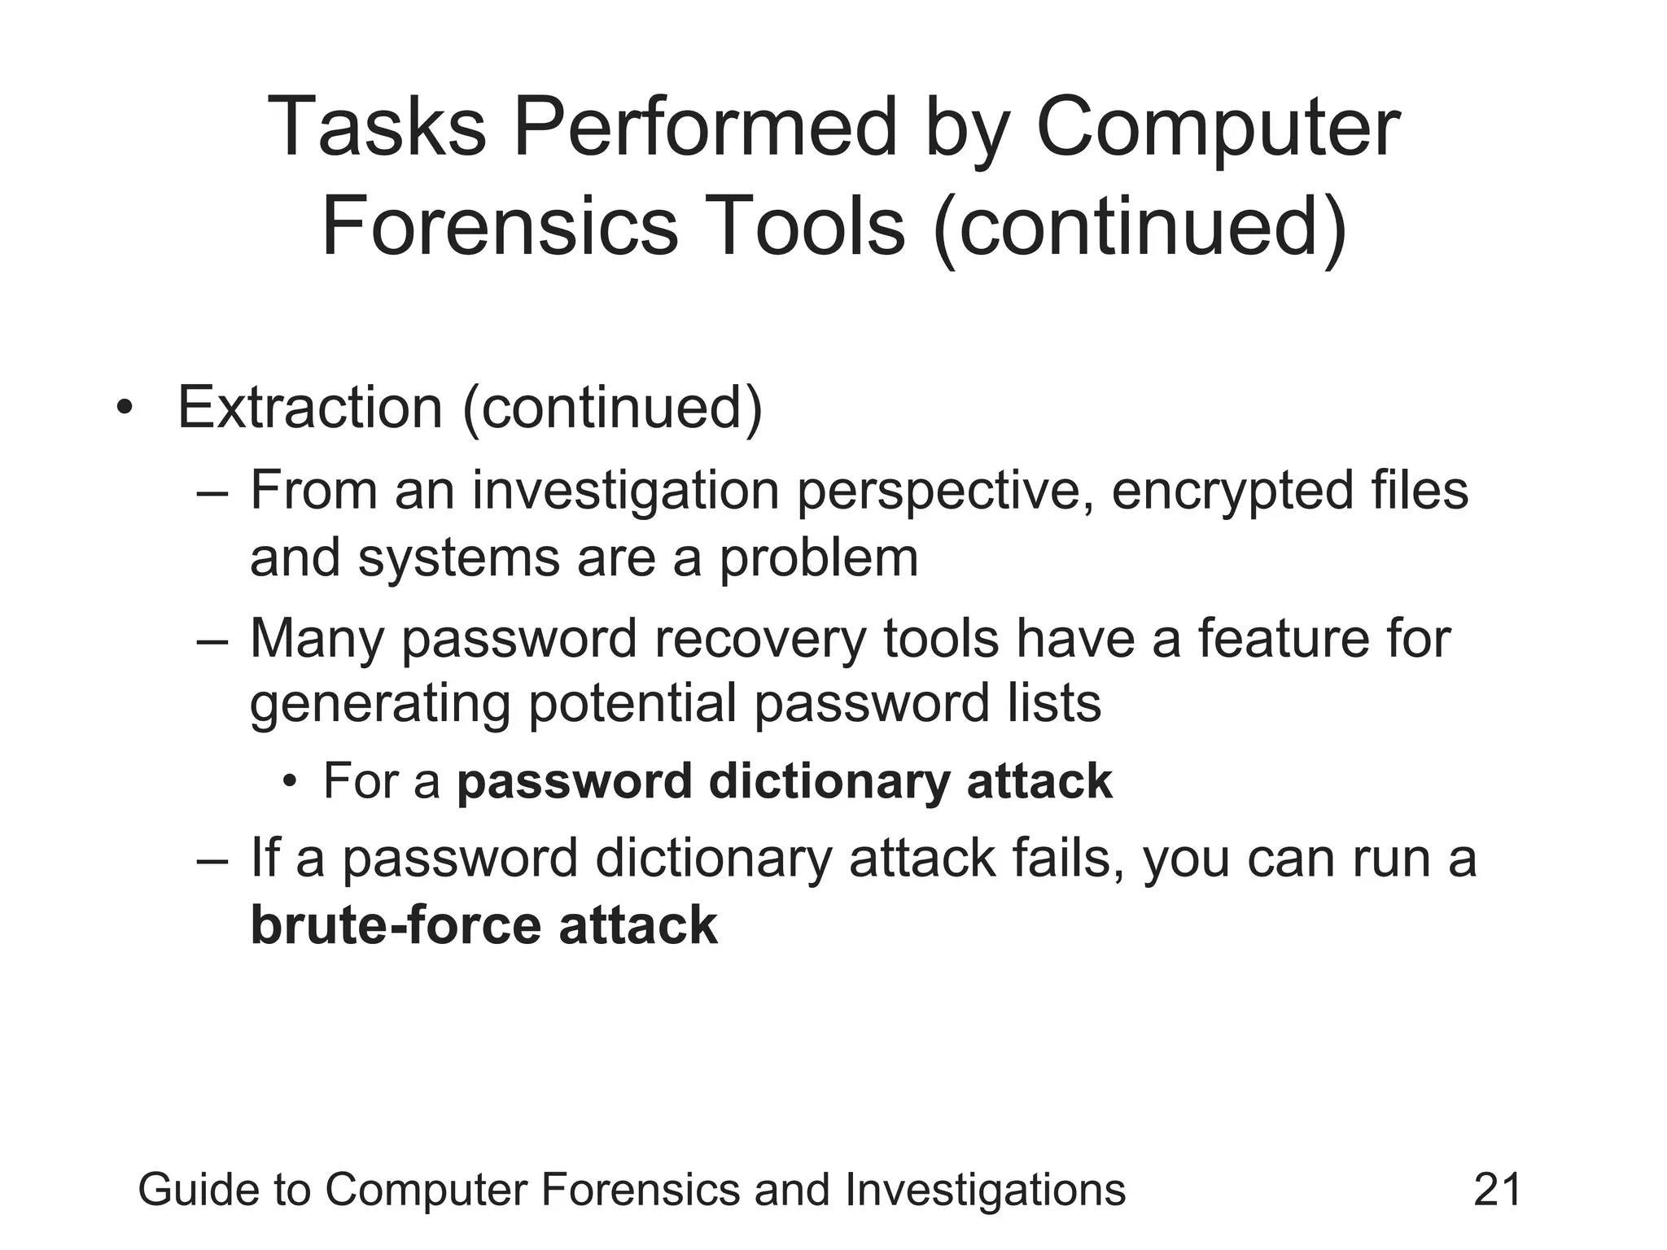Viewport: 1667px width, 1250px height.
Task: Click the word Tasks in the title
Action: pyautogui.click(x=376, y=128)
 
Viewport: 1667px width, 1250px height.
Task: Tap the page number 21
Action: pyautogui.click(x=1497, y=1189)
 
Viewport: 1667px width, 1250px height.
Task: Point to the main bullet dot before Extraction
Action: pyautogui.click(x=124, y=408)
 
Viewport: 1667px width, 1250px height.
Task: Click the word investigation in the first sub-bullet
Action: pyautogui.click(x=627, y=492)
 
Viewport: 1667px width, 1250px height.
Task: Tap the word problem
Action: pyautogui.click(x=818, y=559)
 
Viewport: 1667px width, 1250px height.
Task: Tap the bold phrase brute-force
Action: pyautogui.click(x=396, y=925)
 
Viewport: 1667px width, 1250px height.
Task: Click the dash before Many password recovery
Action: pyautogui.click(x=212, y=640)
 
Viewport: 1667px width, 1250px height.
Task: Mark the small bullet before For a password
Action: pyautogui.click(x=289, y=782)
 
